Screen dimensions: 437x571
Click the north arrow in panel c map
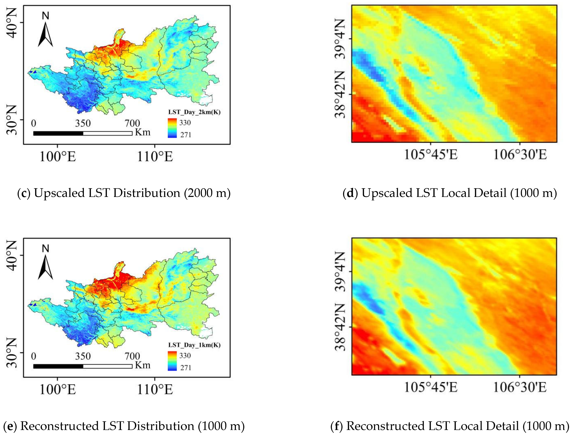click(45, 34)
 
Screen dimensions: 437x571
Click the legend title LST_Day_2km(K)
click(194, 112)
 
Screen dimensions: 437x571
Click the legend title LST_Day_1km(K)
click(194, 345)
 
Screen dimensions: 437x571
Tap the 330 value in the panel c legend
click(185, 122)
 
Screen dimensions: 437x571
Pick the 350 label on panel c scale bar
click(83, 123)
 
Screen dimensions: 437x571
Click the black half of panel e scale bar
click(58, 366)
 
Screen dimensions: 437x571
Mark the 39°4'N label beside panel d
click(340, 39)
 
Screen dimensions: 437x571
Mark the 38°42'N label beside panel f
click(340, 327)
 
